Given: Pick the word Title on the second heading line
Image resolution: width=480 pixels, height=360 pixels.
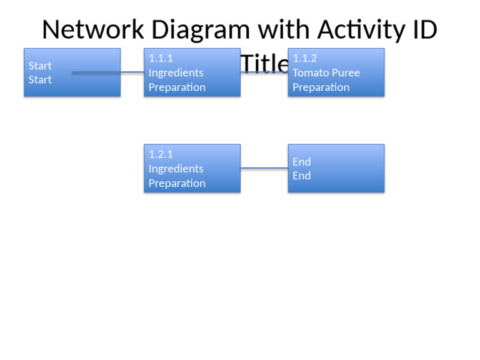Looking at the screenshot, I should [264, 64].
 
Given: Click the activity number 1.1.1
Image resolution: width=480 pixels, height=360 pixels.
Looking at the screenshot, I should [161, 58].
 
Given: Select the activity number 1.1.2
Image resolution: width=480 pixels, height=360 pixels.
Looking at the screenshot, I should [304, 58].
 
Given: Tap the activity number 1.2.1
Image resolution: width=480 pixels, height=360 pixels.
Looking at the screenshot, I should [161, 154].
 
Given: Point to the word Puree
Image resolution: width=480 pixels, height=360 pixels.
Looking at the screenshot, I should [346, 72].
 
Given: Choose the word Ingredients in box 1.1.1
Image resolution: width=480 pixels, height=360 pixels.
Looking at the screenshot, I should [176, 72].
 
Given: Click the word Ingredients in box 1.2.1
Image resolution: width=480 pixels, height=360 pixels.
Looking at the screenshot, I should [176, 169].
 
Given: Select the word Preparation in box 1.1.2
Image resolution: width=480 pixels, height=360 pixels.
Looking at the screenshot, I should [321, 87].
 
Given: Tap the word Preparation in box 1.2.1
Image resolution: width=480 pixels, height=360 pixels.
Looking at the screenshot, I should [177, 183].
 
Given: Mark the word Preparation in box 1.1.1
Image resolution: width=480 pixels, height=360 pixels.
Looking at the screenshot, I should [177, 87].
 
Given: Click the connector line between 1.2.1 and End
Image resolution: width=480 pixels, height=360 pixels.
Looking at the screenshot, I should [264, 168].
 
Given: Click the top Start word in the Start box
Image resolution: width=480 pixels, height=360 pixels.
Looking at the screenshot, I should [40, 66].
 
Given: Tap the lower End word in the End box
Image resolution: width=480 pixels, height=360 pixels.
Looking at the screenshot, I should [301, 176].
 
